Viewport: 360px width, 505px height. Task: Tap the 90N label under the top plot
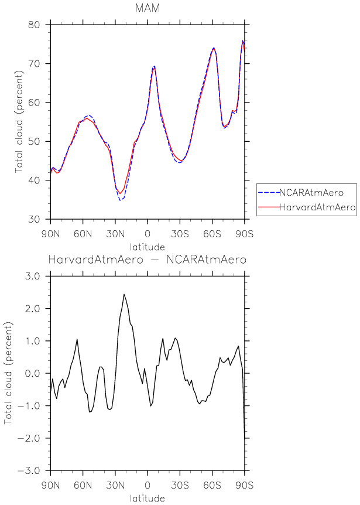tap(51, 231)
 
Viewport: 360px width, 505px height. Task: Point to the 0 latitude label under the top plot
tap(148, 231)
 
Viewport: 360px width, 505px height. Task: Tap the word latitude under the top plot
tap(148, 246)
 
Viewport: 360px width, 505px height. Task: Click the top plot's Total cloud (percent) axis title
tap(19, 122)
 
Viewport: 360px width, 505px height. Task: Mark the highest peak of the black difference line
tap(124, 294)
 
